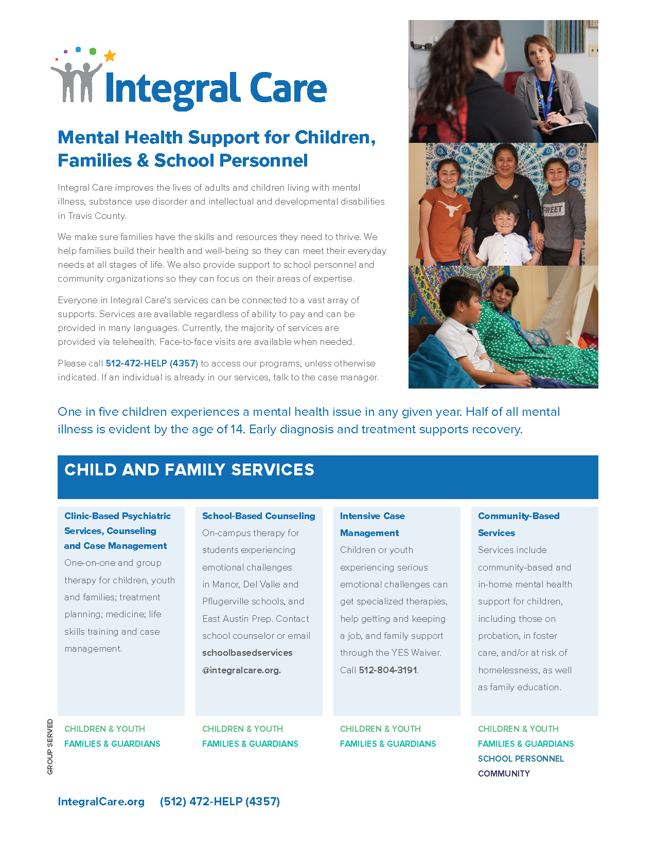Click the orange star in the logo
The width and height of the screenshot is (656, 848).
[110, 56]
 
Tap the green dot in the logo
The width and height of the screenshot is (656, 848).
[93, 51]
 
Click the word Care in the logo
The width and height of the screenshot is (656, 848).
[288, 88]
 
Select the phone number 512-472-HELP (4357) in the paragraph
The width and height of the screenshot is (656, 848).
[152, 363]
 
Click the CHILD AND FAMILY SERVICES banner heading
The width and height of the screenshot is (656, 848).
[189, 470]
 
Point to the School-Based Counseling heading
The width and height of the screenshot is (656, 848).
[258, 516]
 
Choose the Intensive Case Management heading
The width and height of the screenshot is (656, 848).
[372, 524]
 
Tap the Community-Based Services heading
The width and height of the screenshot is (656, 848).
[518, 524]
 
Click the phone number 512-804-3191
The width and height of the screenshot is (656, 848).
[388, 670]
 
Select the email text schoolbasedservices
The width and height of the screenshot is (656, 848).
[247, 653]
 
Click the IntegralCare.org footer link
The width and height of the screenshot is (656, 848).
[101, 802]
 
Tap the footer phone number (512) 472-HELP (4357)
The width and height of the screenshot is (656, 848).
[220, 802]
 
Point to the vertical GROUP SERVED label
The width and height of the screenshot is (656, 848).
[50, 746]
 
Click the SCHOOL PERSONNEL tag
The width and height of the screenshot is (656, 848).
[521, 759]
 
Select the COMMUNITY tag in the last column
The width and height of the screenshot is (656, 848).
[504, 773]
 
